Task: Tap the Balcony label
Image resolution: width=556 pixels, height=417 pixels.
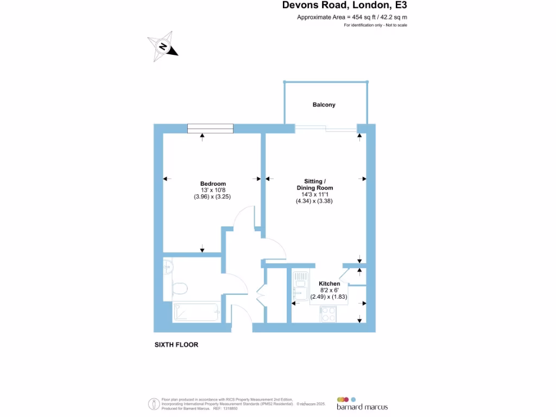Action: click(x=324, y=105)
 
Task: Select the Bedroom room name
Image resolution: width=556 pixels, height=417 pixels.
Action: click(x=213, y=184)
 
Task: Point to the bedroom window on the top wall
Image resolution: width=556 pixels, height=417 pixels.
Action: click(x=210, y=128)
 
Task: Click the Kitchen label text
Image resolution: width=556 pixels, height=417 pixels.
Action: click(x=330, y=284)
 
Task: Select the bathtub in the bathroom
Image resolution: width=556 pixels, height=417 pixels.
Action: click(x=195, y=312)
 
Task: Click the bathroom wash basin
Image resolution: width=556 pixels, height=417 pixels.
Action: click(x=168, y=267)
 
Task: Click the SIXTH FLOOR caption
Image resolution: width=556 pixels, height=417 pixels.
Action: click(x=176, y=345)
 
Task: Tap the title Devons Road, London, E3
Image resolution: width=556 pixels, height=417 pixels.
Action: click(x=344, y=6)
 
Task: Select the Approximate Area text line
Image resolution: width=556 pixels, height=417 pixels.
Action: click(x=352, y=17)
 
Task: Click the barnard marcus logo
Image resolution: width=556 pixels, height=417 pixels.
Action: click(x=362, y=404)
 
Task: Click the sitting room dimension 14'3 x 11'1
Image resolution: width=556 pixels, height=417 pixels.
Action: click(x=314, y=194)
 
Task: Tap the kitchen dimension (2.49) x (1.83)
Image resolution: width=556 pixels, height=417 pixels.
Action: click(x=330, y=297)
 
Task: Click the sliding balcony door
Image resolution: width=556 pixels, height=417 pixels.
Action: click(x=326, y=129)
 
